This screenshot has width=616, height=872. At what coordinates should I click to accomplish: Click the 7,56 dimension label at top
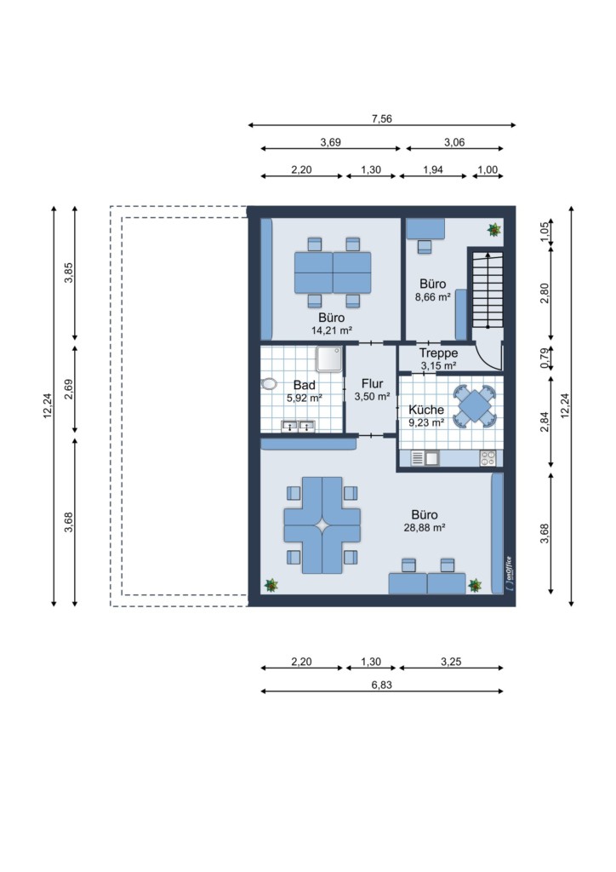[382, 118]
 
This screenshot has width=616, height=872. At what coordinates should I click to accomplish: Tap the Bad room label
[305, 385]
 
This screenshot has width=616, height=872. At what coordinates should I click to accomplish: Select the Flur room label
[372, 384]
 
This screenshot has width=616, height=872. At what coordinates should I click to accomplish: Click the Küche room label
[426, 410]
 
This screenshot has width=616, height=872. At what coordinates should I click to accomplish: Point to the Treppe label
[439, 353]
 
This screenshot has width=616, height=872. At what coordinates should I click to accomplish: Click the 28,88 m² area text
[425, 528]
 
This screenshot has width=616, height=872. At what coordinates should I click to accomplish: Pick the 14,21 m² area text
[332, 330]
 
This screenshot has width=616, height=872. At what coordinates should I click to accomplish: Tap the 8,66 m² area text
[433, 297]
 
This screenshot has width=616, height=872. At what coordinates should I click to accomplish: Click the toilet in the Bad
[269, 384]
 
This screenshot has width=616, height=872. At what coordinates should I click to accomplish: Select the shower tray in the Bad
[329, 359]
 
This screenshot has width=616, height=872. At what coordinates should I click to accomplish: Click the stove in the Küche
[488, 458]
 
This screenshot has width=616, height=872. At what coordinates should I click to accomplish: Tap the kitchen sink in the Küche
[425, 458]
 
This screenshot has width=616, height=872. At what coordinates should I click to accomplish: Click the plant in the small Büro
[493, 229]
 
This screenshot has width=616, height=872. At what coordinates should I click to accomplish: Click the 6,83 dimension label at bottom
[382, 685]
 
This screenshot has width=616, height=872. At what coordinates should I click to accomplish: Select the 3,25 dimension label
[451, 662]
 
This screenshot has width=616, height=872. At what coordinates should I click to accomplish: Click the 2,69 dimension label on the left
[68, 389]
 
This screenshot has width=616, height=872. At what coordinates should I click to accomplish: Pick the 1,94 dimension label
[433, 169]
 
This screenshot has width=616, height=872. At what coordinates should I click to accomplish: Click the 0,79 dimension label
[545, 357]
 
